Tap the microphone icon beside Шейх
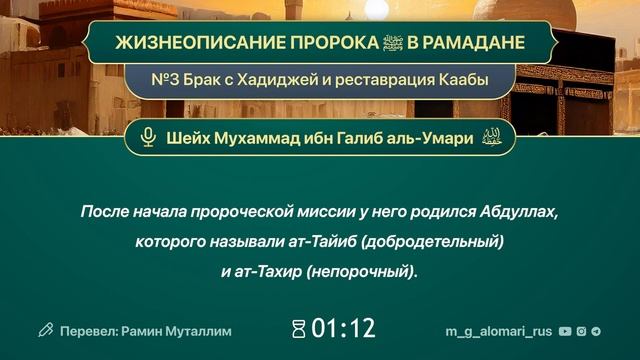point(148,138)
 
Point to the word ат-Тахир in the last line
point(263,271)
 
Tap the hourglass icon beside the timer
point(298,329)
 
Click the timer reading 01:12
point(343,329)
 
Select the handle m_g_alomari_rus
point(499,330)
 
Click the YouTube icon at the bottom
point(566,330)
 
